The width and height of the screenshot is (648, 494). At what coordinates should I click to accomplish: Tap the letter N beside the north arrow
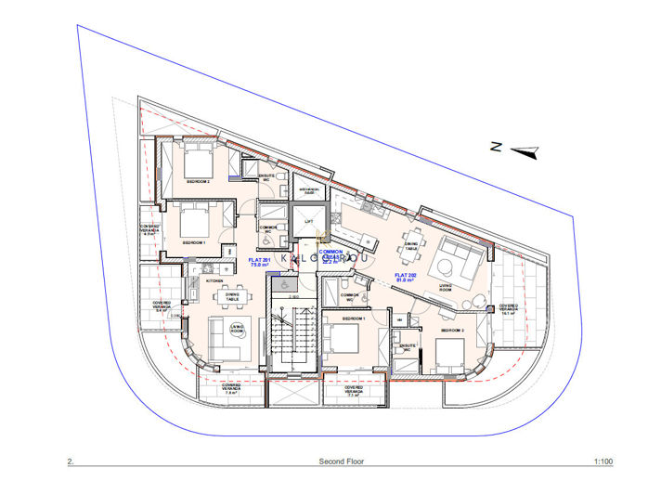click(498, 146)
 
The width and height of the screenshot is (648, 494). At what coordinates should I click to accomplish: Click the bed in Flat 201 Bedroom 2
click(198, 162)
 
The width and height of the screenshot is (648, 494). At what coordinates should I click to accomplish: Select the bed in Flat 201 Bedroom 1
click(193, 223)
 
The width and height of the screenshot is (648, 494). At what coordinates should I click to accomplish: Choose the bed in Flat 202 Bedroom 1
click(345, 340)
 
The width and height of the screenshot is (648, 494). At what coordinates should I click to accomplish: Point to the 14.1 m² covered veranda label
click(509, 309)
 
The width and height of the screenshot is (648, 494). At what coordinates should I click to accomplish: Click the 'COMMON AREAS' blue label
click(331, 256)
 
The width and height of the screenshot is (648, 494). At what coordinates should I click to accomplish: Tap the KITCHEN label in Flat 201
click(214, 279)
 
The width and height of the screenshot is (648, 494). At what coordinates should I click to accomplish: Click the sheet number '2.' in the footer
click(71, 461)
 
